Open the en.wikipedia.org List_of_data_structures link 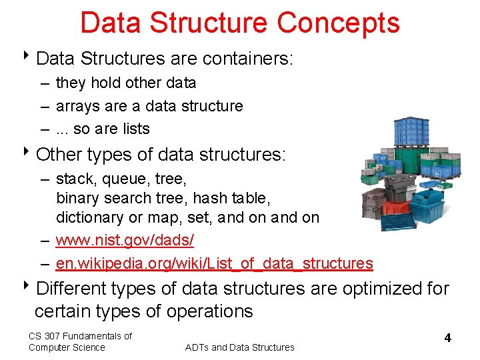(x=214, y=263)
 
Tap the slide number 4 (x=447, y=338)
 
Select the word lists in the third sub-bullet (x=135, y=129)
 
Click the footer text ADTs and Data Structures (x=239, y=347)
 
